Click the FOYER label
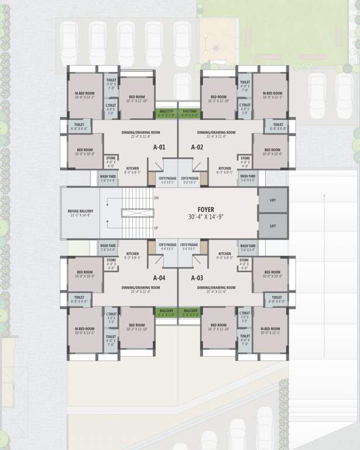[x=206, y=209]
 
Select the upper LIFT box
[x=273, y=200]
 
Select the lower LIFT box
[x=273, y=226]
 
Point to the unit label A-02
[x=197, y=146]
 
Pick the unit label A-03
[x=197, y=278]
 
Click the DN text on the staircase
[x=156, y=198]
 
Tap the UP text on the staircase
[x=156, y=228]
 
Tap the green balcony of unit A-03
[x=190, y=311]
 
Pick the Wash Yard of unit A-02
[x=248, y=178]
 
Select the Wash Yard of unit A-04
[x=108, y=247]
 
